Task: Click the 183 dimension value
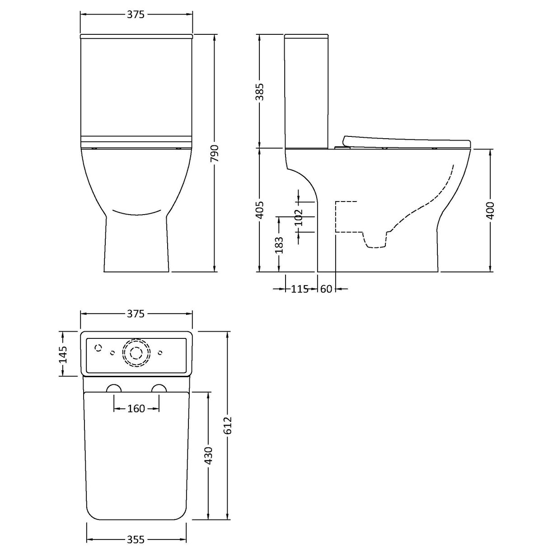click(279, 244)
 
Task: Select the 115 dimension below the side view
click(300, 289)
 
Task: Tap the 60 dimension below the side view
click(326, 289)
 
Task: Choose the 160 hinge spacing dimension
click(136, 409)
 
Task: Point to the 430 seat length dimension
click(208, 456)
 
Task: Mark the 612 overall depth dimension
click(228, 425)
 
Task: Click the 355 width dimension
click(136, 539)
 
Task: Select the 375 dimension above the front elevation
click(136, 14)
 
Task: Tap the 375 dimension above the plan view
click(136, 314)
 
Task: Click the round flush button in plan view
click(136, 353)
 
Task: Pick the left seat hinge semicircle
click(114, 389)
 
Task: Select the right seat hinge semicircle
click(159, 389)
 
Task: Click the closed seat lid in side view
click(407, 141)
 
